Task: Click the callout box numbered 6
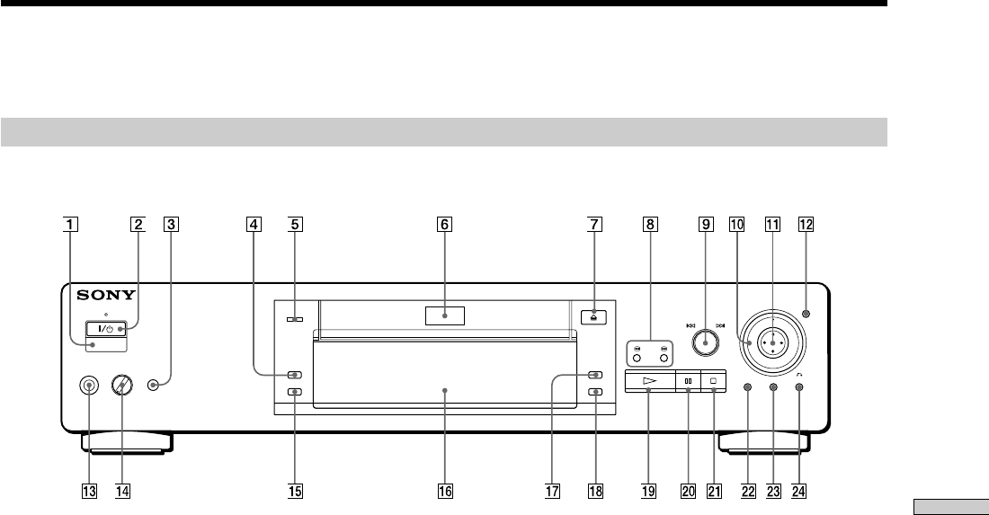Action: click(444, 226)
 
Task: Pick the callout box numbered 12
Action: click(806, 226)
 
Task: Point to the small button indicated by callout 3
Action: click(155, 385)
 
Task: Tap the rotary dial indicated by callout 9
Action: click(706, 342)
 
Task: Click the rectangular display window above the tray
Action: click(444, 315)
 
